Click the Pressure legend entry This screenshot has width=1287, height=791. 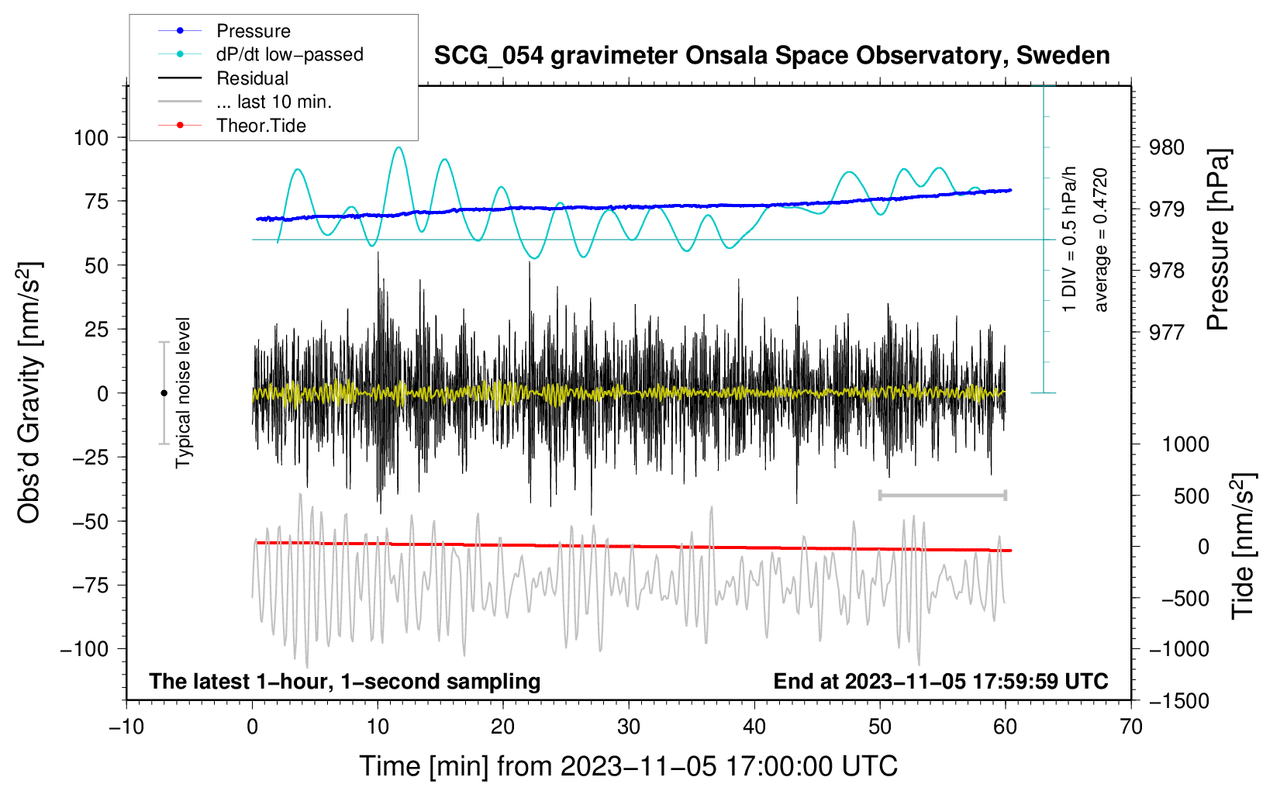tap(224, 30)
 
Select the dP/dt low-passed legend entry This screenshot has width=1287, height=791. tap(261, 54)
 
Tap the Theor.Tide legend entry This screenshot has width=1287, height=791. tap(232, 126)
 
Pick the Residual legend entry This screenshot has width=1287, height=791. tap(223, 78)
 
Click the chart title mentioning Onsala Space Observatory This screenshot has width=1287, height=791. tap(771, 55)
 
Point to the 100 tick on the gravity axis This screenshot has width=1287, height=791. tap(91, 138)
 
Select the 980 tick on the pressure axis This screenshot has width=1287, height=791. tap(1166, 148)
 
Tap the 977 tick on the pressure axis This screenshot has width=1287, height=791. tap(1166, 332)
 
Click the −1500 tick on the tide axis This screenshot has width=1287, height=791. tap(1179, 701)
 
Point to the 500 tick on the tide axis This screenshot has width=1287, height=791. tap(1192, 496)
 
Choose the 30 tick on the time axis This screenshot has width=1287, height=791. tap(629, 727)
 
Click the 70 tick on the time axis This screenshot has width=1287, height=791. tap(1130, 727)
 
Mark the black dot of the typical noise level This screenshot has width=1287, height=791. tap(164, 393)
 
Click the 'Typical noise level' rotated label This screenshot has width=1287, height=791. tap(183, 393)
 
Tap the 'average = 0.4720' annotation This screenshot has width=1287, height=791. tap(1100, 240)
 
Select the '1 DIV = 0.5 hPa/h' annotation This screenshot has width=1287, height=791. tap(1068, 240)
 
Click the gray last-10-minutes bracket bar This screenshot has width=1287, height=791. tap(942, 495)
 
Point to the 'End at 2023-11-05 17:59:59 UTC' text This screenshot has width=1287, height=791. tap(940, 681)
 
